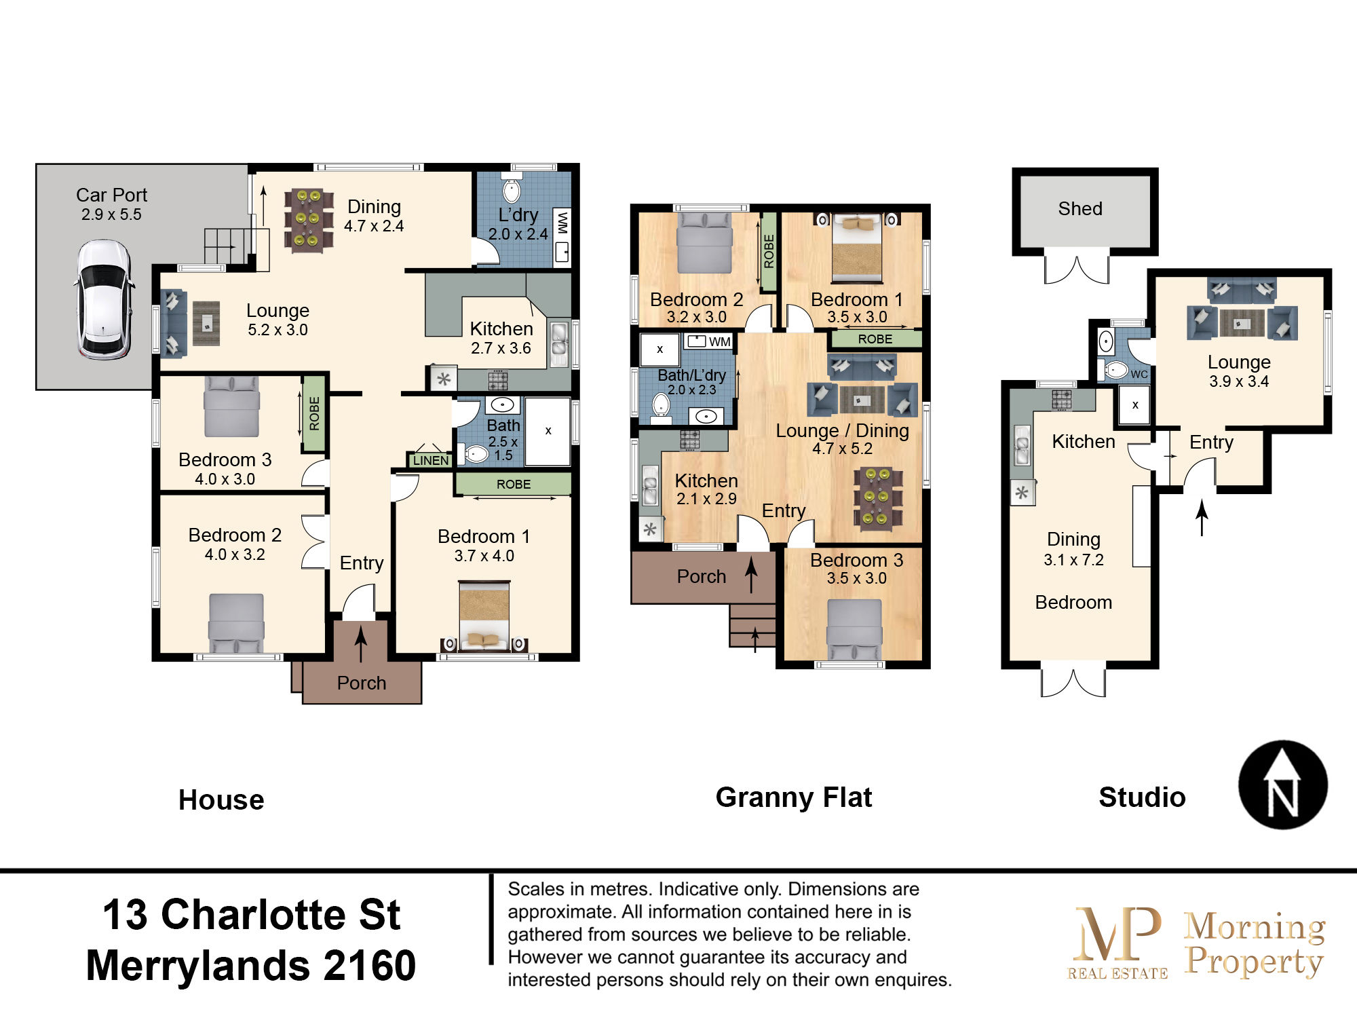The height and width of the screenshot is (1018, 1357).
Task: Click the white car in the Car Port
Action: [103, 299]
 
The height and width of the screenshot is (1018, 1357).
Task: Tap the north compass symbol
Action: [1282, 785]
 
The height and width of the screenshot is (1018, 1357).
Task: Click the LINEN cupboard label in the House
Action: [431, 460]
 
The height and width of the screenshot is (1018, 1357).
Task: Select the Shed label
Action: [1080, 208]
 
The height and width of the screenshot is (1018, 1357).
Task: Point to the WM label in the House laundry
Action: [562, 223]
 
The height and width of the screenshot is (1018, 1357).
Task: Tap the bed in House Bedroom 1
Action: [484, 615]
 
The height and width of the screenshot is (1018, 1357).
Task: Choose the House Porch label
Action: [362, 683]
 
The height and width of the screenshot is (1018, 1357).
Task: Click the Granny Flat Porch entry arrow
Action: [751, 575]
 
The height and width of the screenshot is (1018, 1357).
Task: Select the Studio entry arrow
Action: [1202, 518]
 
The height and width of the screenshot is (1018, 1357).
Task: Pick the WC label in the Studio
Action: [1139, 374]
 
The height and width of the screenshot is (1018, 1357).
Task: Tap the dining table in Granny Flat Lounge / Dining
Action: [877, 497]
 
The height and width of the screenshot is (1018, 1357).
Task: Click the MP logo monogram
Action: [1117, 933]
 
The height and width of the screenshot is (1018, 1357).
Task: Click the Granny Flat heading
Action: [794, 797]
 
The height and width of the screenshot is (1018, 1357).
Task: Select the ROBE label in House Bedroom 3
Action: [314, 413]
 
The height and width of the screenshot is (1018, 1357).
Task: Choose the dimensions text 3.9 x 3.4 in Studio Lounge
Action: [1239, 381]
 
